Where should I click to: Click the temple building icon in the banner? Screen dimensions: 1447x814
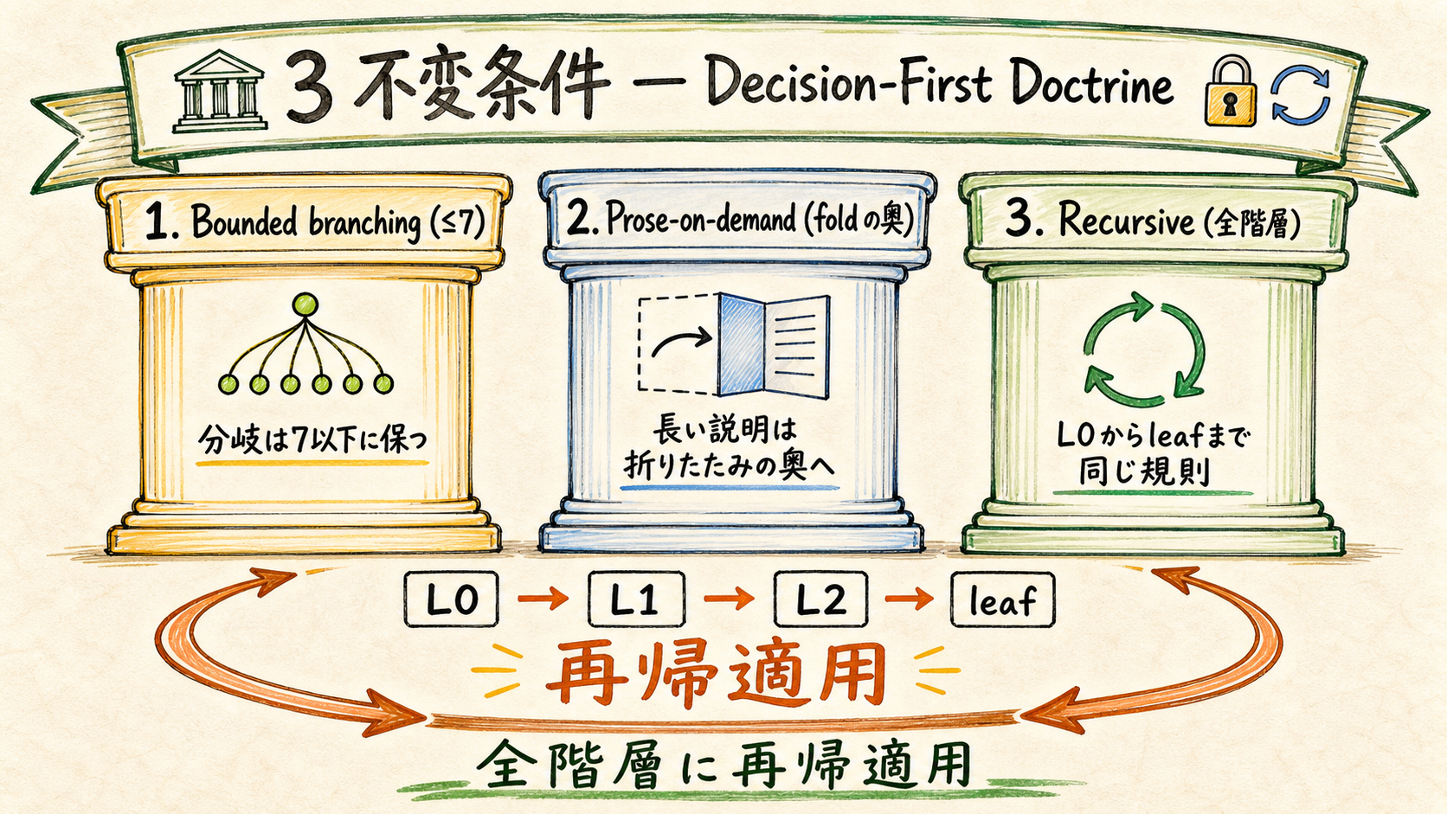point(220,91)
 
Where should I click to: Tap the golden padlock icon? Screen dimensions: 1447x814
point(1230,91)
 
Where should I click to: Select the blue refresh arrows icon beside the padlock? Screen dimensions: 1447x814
point(1301,96)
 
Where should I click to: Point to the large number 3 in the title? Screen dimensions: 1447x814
point(310,88)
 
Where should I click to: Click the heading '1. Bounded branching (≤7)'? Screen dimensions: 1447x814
point(315,222)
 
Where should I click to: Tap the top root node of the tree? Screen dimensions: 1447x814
point(305,304)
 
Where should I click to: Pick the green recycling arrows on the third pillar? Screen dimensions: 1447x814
point(1144,349)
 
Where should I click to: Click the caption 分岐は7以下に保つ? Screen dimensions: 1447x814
point(312,440)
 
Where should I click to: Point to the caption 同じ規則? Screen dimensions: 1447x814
point(1144,473)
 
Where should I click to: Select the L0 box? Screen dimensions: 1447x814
point(452,599)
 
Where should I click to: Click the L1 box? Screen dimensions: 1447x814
point(636,599)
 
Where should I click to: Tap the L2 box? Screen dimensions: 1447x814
point(821,599)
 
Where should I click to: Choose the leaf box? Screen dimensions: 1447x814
point(1002,599)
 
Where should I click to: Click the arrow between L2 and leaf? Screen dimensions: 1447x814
point(909,599)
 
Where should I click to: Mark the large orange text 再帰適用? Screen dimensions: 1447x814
point(716,674)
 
